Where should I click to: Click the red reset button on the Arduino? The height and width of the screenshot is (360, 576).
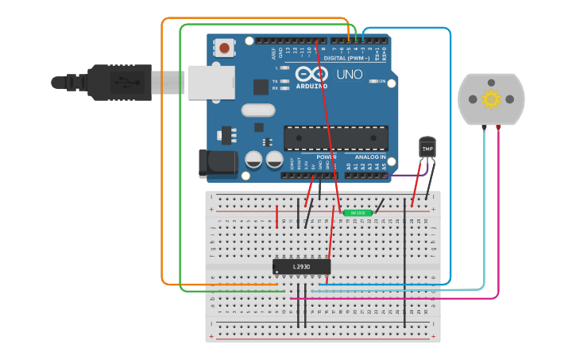(225, 48)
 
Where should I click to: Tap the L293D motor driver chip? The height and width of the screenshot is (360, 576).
(301, 267)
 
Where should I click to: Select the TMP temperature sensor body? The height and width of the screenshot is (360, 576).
(427, 148)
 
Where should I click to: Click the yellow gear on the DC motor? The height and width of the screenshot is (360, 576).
(491, 99)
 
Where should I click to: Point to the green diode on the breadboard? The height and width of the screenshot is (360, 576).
(357, 213)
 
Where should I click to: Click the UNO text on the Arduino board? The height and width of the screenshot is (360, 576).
(350, 75)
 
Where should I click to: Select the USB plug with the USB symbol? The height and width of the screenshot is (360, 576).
(119, 82)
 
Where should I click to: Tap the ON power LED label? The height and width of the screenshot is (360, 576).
(382, 82)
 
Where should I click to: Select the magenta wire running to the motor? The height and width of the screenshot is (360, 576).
(397, 299)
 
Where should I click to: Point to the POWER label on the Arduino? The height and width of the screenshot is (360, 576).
(327, 157)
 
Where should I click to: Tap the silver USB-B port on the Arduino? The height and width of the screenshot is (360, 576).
(211, 83)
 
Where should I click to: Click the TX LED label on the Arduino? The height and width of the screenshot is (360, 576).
(275, 81)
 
